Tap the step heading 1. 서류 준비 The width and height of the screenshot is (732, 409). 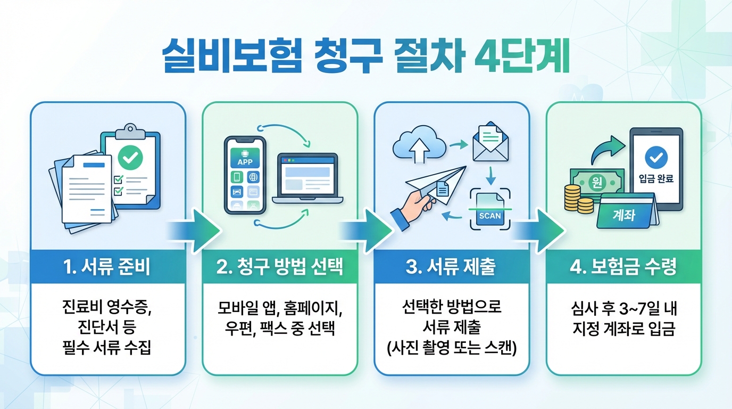pyautogui.click(x=107, y=267)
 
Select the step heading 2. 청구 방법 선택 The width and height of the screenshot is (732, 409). pyautogui.click(x=280, y=267)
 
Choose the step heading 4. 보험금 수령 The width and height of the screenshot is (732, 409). pyautogui.click(x=623, y=267)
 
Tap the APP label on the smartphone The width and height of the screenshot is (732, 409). pyautogui.click(x=245, y=161)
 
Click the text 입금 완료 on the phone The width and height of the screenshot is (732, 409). pyautogui.click(x=655, y=179)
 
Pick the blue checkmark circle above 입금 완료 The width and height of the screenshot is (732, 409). pyautogui.click(x=655, y=157)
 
